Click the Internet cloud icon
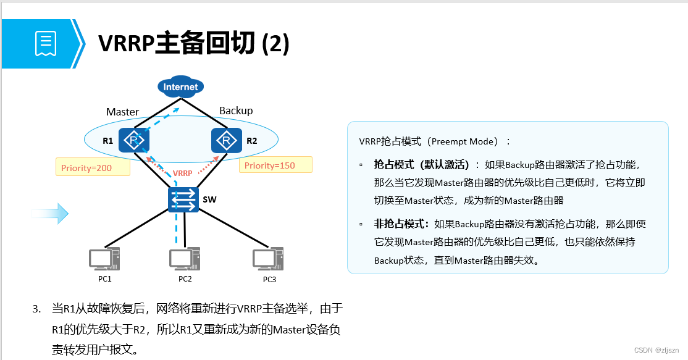point(180,87)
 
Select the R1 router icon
point(134,140)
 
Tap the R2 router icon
point(226,140)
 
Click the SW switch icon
point(183,199)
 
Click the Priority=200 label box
point(93,167)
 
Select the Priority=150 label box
point(275,165)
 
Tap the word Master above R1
point(122,112)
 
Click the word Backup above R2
point(236,111)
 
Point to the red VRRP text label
point(182,173)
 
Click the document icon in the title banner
point(46,44)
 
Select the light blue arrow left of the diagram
point(50,213)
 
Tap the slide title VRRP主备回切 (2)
point(194,44)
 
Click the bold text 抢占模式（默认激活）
point(427,165)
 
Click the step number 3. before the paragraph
point(36,308)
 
